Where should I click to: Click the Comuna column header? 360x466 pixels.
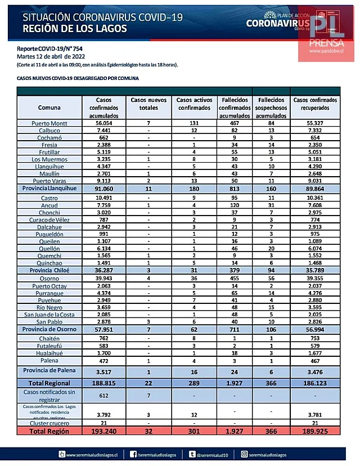click(x=49, y=107)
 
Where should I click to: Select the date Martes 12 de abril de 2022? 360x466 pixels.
click(x=51, y=57)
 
